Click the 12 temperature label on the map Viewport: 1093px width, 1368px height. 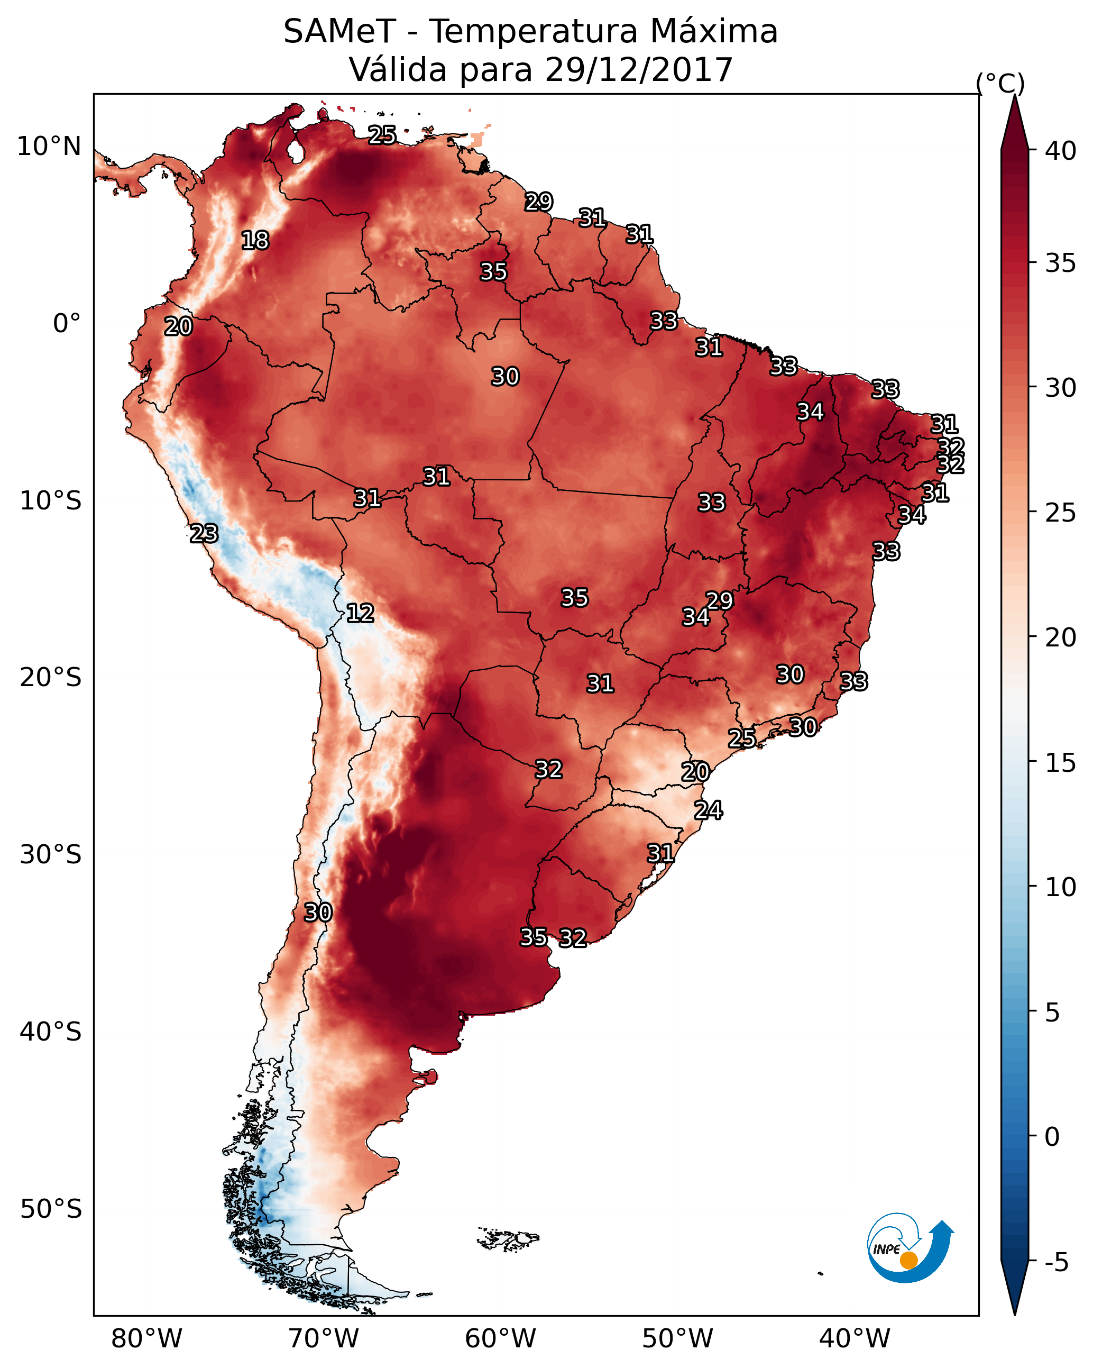coord(360,613)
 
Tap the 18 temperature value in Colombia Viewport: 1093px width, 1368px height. coord(255,241)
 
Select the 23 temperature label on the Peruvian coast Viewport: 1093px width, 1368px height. coord(204,534)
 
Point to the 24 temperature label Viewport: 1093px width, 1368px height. coord(708,810)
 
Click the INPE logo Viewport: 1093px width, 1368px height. coord(909,1247)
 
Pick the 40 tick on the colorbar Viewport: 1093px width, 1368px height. coord(1061,151)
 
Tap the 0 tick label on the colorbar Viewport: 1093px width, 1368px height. coord(1052,1137)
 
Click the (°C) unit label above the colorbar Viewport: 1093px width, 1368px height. coord(1000,83)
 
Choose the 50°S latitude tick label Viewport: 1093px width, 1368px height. coord(51,1209)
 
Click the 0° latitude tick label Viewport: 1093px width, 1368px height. coord(67,324)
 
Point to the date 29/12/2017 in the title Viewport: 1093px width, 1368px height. coord(639,70)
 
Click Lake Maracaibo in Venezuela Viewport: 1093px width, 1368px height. coord(295,151)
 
